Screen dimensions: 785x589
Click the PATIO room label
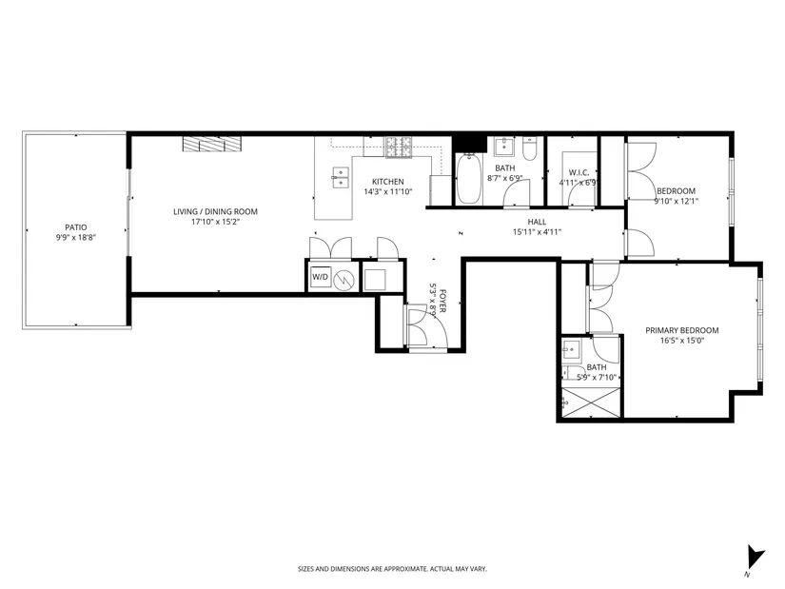pos(75,227)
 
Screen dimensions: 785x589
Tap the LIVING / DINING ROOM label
pos(215,212)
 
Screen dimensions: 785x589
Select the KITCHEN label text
pos(388,182)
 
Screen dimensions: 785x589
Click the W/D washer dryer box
pos(321,278)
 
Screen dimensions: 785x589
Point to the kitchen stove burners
pos(399,147)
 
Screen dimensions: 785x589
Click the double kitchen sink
pos(341,178)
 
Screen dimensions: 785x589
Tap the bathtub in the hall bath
pos(468,179)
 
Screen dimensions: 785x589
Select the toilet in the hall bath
pos(529,148)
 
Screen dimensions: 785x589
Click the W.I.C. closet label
pos(579,173)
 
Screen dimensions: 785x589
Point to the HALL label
pos(537,222)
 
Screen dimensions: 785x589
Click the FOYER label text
pos(442,302)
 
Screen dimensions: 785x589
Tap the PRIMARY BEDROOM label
pos(682,330)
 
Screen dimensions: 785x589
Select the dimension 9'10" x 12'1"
pos(676,202)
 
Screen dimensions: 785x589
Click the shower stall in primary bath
pos(591,402)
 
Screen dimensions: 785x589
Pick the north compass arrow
pos(756,557)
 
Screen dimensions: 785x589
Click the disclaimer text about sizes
pos(392,569)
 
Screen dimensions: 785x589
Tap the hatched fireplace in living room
pos(212,145)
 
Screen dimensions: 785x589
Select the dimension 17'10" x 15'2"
pos(216,222)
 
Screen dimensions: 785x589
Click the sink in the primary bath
pos(571,350)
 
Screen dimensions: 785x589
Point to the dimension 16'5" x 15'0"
pos(682,341)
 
